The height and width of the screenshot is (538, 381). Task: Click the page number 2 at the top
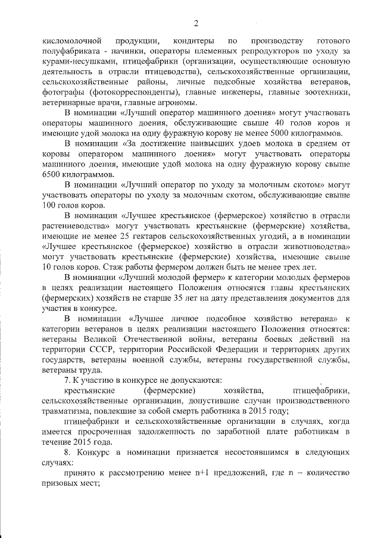coord(195,23)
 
